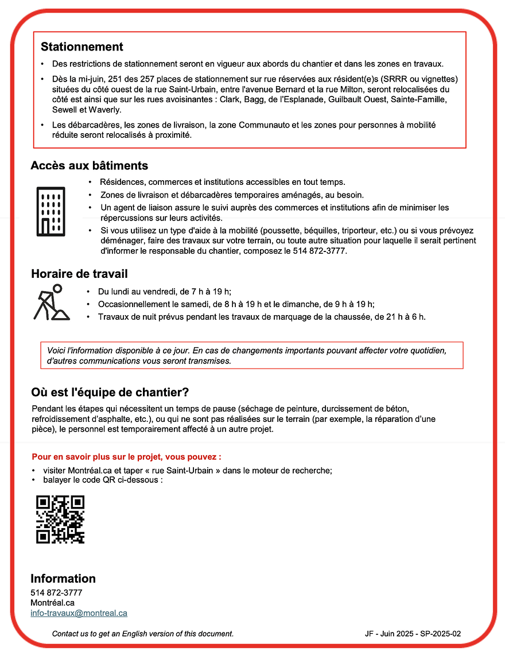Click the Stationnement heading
click(81, 46)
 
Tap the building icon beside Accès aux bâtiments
click(50, 211)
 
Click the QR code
click(60, 519)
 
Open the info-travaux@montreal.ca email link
click(79, 613)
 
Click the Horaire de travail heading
click(79, 274)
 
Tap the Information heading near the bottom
click(63, 579)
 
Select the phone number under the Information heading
click(56, 592)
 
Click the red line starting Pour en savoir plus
click(126, 457)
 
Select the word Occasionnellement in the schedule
click(131, 304)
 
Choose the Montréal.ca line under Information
click(52, 603)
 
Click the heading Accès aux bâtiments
click(89, 166)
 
